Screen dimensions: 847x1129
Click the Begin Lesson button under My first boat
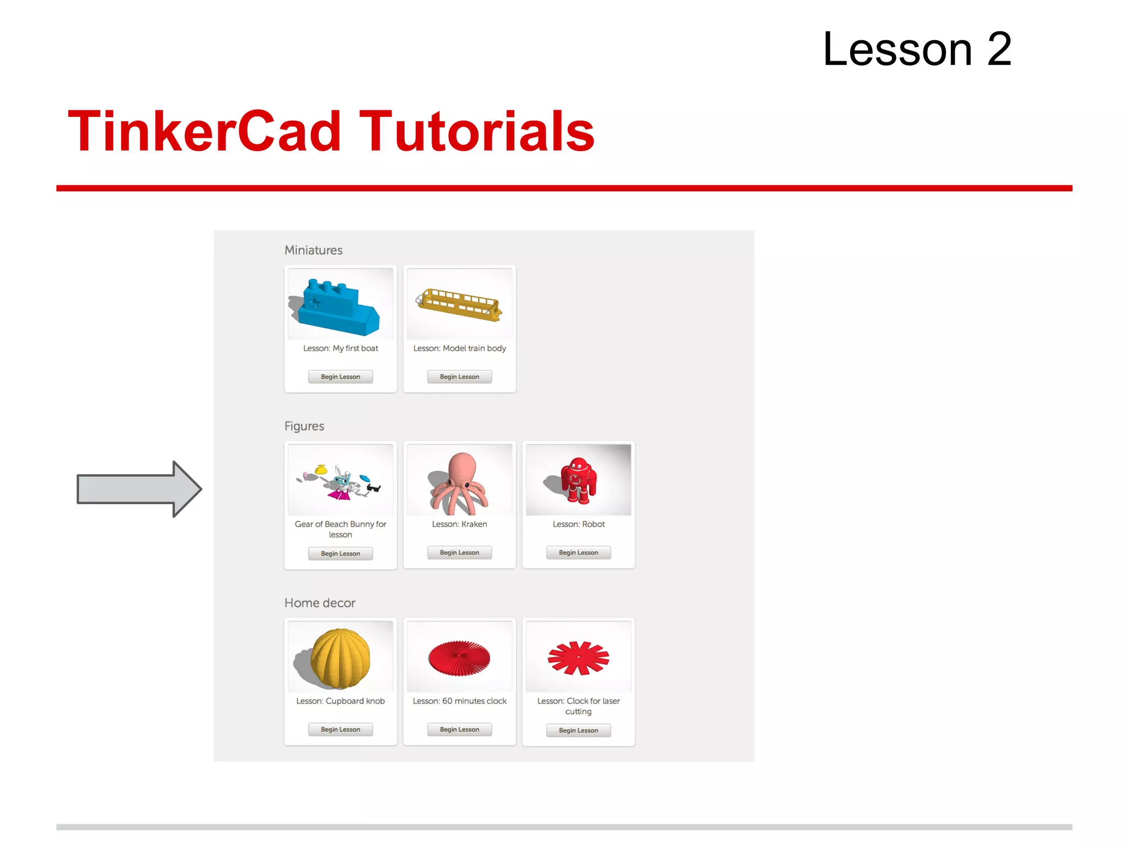tap(340, 377)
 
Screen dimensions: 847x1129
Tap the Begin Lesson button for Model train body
tap(459, 377)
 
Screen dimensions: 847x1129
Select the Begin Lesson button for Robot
tap(578, 553)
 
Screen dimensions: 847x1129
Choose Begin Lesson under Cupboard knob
tap(340, 729)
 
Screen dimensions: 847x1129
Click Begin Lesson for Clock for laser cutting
tap(578, 730)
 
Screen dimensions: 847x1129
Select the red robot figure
tap(577, 480)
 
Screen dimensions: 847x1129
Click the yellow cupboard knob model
tap(340, 658)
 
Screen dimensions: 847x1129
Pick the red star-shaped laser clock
tap(578, 657)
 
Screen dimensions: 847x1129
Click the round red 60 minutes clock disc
tap(459, 657)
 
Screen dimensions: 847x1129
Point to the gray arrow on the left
tap(138, 489)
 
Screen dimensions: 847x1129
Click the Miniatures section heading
tap(313, 250)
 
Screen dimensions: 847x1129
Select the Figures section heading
tap(304, 426)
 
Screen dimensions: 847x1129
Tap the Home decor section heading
tap(320, 603)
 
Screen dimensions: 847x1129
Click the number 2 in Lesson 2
tap(998, 50)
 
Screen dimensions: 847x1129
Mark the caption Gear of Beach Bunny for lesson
tap(340, 529)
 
